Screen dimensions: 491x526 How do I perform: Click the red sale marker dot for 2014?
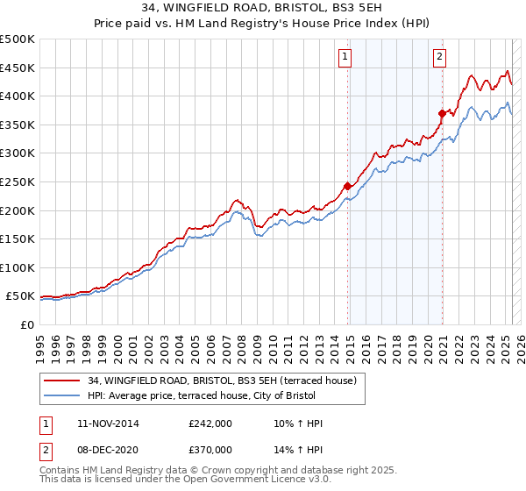click(x=348, y=186)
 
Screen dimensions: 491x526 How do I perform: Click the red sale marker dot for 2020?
click(x=443, y=112)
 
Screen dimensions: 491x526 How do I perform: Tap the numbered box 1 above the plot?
click(x=345, y=58)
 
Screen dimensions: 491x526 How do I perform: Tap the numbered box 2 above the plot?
click(x=439, y=58)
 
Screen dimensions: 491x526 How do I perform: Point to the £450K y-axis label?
click(x=17, y=68)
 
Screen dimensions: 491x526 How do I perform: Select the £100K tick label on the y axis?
click(x=17, y=268)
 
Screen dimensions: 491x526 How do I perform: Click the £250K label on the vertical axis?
click(x=17, y=182)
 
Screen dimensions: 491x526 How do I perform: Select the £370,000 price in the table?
click(x=210, y=450)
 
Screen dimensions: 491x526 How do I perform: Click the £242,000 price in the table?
click(x=210, y=423)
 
